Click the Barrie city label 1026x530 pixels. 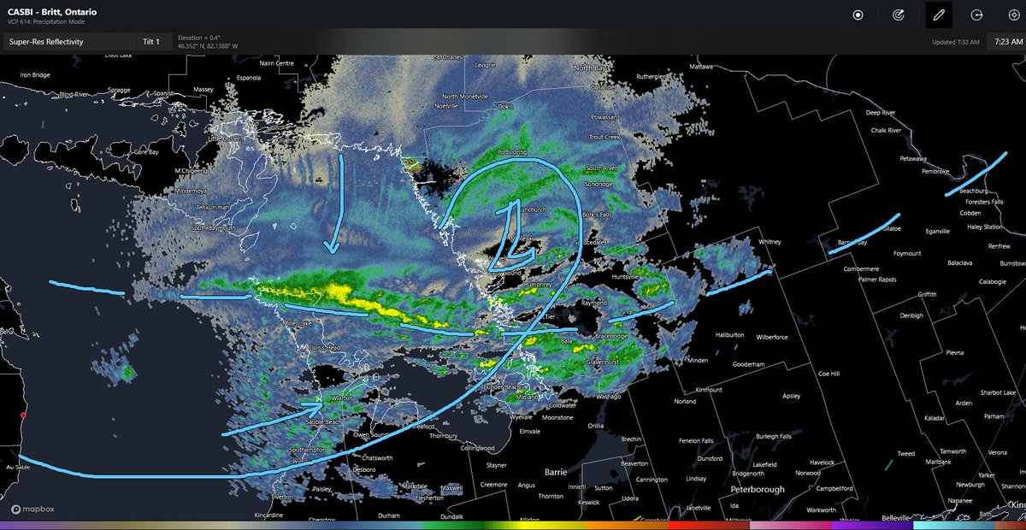coord(556,471)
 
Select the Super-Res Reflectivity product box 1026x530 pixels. coord(68,41)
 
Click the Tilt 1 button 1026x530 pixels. coord(151,41)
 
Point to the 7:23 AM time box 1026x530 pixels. coord(1005,41)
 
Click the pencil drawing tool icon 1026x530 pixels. coord(939,15)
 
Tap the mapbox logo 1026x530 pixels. coord(33,509)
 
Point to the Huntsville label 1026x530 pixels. coord(626,276)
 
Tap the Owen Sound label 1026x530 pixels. coord(373,435)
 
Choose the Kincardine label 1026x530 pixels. coord(275,516)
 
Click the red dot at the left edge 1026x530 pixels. coord(24,415)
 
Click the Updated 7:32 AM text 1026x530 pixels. coord(956,42)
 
